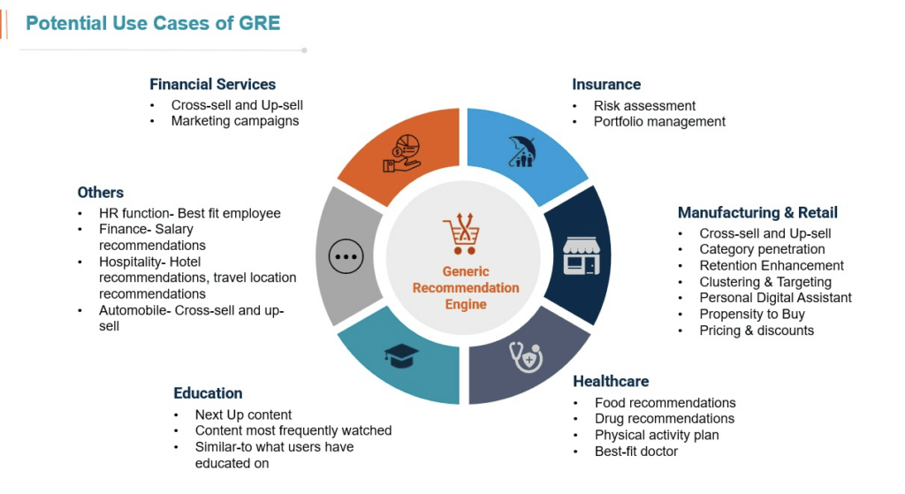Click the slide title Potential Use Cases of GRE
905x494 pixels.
point(153,23)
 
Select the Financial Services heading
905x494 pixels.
point(212,85)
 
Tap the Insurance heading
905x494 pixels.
point(606,85)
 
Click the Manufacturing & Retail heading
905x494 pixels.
point(757,213)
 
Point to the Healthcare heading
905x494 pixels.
point(611,382)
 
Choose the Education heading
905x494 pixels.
point(208,393)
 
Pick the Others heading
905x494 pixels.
point(101,193)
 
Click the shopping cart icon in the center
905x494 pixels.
point(461,236)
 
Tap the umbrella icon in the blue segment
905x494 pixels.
point(522,151)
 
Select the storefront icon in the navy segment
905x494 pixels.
point(581,255)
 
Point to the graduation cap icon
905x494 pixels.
point(401,356)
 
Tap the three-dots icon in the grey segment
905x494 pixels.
point(346,256)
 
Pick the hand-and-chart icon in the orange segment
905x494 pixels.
point(402,153)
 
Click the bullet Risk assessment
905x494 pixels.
point(644,106)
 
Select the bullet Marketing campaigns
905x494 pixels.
point(235,121)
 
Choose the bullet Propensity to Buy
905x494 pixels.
point(752,315)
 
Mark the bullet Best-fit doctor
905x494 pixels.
point(636,452)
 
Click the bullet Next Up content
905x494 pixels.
point(244,414)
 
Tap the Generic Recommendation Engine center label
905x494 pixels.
point(466,288)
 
